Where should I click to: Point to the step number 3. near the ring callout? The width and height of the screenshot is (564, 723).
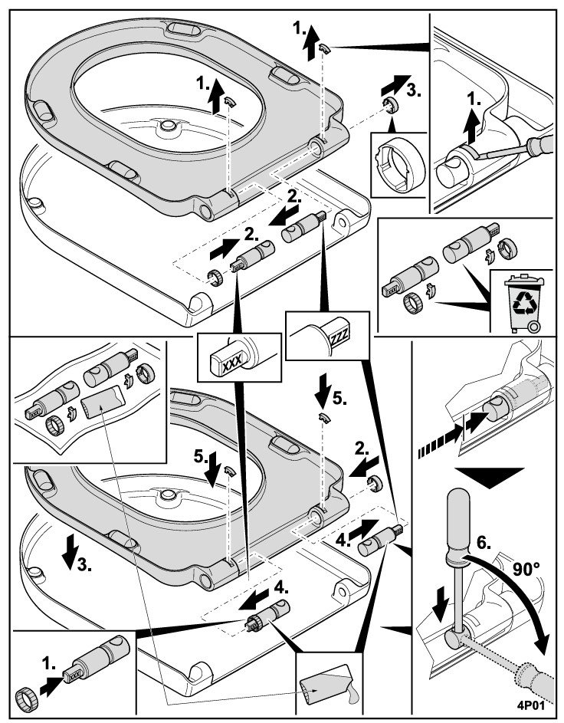click(414, 89)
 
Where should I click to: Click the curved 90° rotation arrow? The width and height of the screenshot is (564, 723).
click(521, 606)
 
